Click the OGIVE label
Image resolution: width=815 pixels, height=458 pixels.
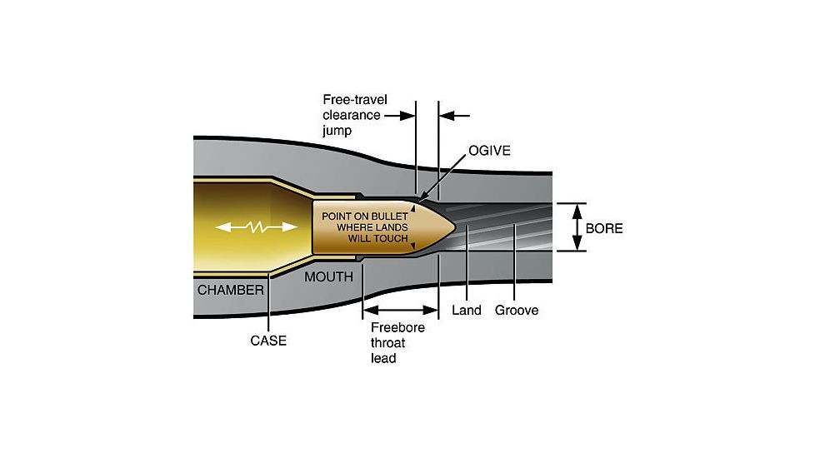[x=489, y=151]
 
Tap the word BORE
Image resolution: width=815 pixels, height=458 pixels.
[x=604, y=227]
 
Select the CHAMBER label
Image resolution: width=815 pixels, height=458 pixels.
[x=230, y=290]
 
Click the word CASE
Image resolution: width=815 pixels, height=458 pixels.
[x=268, y=340]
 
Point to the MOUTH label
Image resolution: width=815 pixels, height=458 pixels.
[x=328, y=276]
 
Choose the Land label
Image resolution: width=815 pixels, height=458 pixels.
[x=467, y=311]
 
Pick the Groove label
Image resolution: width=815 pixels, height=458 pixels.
[x=517, y=311]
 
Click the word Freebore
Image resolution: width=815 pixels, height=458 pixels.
[x=397, y=327]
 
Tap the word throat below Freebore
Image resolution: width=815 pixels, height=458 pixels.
[x=389, y=343]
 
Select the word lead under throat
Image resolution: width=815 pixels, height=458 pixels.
[x=384, y=359]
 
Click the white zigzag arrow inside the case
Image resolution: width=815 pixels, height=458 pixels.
[x=257, y=227]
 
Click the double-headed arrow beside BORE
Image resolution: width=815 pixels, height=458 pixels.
[x=575, y=227]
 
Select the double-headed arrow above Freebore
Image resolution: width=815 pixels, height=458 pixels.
[x=401, y=308]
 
